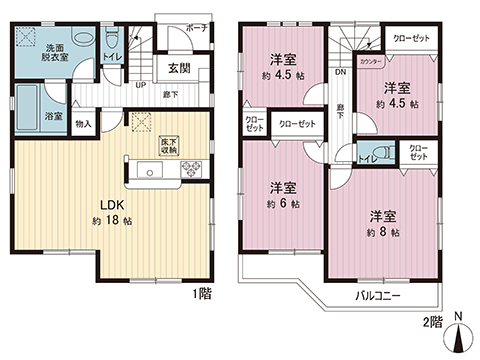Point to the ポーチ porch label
click(197, 28)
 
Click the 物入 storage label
click(83, 124)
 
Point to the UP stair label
click(140, 85)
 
